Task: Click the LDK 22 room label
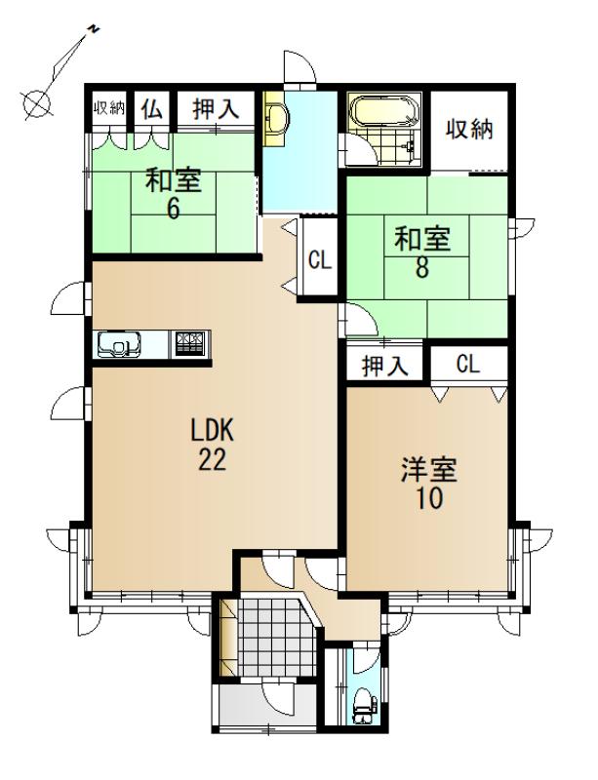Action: click(x=213, y=445)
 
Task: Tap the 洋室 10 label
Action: click(x=429, y=484)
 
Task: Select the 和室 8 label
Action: click(x=422, y=252)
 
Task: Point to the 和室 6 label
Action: click(x=173, y=194)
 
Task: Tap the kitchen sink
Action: click(x=119, y=344)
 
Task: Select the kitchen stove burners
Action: click(x=189, y=343)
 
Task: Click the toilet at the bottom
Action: click(x=363, y=706)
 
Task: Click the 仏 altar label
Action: click(x=151, y=109)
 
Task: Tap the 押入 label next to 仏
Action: click(x=217, y=109)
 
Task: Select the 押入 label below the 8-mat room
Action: click(x=384, y=367)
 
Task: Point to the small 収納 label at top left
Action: click(x=109, y=108)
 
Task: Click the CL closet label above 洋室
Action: click(x=467, y=365)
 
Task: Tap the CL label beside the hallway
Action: click(x=320, y=259)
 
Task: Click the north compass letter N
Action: click(x=93, y=29)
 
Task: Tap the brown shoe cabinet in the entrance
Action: click(x=228, y=638)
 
